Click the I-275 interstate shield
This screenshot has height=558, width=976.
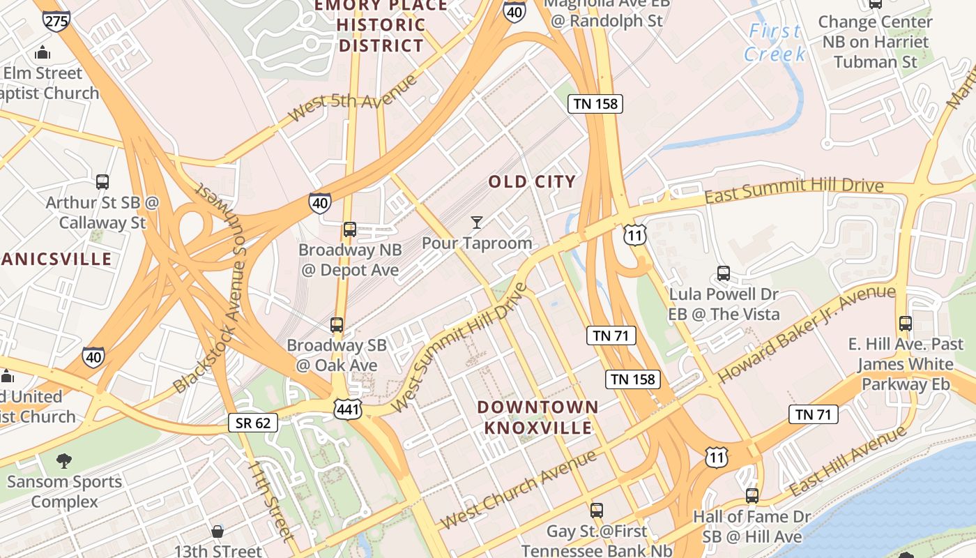(x=56, y=20)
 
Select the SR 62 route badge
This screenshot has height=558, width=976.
(x=253, y=422)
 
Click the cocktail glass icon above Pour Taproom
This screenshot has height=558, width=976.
(x=477, y=223)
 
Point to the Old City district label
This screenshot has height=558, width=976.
(x=532, y=182)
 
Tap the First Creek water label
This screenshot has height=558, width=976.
(x=775, y=43)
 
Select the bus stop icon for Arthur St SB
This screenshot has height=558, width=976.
(x=102, y=182)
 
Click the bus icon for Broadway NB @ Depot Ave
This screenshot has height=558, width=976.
(x=350, y=229)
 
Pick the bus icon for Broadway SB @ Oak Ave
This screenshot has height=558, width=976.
(x=337, y=324)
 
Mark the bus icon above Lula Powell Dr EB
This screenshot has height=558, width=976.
(x=724, y=273)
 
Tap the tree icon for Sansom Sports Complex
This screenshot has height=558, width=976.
(x=63, y=460)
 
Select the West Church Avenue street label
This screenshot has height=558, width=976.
(x=519, y=490)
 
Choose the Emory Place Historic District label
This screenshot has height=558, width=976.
(x=381, y=26)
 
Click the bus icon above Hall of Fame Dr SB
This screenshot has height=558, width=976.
(x=752, y=496)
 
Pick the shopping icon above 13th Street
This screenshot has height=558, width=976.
(x=218, y=531)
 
